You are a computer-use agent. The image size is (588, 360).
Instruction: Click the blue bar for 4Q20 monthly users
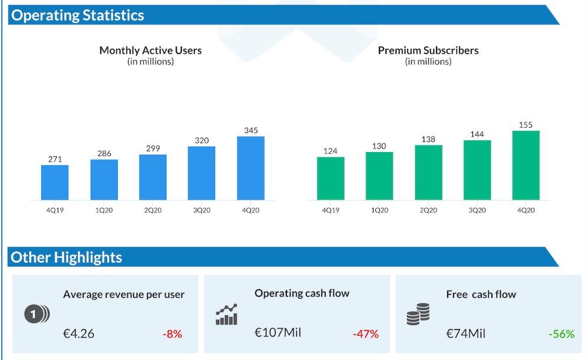pyautogui.click(x=250, y=168)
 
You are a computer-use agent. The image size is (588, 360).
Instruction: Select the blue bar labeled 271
pyautogui.click(x=55, y=182)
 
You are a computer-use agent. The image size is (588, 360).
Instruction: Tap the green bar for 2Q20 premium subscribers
pyautogui.click(x=428, y=172)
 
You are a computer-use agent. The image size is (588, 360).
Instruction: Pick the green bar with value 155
pyautogui.click(x=526, y=165)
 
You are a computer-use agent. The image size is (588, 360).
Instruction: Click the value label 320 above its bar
pyautogui.click(x=201, y=140)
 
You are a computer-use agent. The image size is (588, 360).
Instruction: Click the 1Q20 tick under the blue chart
pyautogui.click(x=104, y=210)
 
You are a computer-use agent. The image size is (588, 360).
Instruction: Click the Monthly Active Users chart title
pyautogui.click(x=150, y=51)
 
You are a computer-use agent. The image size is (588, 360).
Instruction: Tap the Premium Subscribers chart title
pyautogui.click(x=428, y=51)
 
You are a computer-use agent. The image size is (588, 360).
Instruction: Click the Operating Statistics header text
pyautogui.click(x=77, y=15)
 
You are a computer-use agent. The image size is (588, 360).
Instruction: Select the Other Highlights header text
pyautogui.click(x=67, y=257)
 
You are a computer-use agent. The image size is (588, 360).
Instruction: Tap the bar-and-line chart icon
pyautogui.click(x=227, y=315)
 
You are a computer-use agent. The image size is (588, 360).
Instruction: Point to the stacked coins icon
pyautogui.click(x=418, y=315)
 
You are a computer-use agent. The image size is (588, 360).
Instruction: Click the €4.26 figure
pyautogui.click(x=78, y=333)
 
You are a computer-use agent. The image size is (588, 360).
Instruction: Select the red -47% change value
pyautogui.click(x=365, y=334)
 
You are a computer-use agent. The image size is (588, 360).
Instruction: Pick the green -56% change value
pyautogui.click(x=561, y=334)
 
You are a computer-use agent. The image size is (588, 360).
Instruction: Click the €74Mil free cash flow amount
pyautogui.click(x=465, y=333)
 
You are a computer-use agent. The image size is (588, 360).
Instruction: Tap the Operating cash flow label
pyautogui.click(x=302, y=293)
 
